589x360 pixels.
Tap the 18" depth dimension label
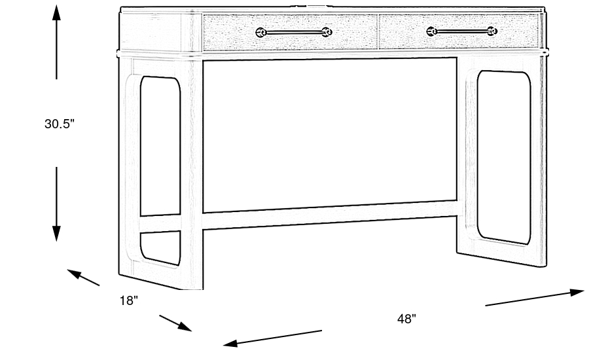tap(129, 300)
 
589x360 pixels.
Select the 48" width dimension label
tap(406, 319)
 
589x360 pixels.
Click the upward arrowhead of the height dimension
tap(57, 13)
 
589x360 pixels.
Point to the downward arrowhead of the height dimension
tap(57, 234)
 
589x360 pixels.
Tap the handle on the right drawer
tap(461, 30)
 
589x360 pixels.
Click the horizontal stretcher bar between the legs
tap(330, 215)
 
